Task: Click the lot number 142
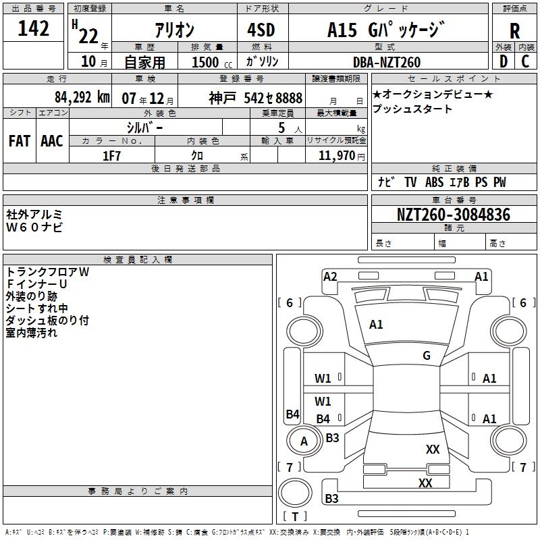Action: [x=34, y=29]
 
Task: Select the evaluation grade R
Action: [x=514, y=30]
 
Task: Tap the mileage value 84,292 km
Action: [x=82, y=97]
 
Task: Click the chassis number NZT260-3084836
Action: [x=453, y=215]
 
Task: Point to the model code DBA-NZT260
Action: [x=386, y=62]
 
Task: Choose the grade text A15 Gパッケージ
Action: [x=386, y=30]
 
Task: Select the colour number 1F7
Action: [x=111, y=156]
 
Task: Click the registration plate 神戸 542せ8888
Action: [x=255, y=97]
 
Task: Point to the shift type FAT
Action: [x=19, y=140]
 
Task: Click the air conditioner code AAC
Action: [x=51, y=140]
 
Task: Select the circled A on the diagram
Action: [x=304, y=441]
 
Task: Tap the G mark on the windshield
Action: [x=427, y=356]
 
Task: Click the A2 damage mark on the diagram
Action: [x=330, y=276]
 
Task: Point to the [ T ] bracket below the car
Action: [x=295, y=517]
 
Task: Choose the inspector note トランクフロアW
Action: [x=47, y=272]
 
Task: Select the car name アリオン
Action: [x=174, y=30]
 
